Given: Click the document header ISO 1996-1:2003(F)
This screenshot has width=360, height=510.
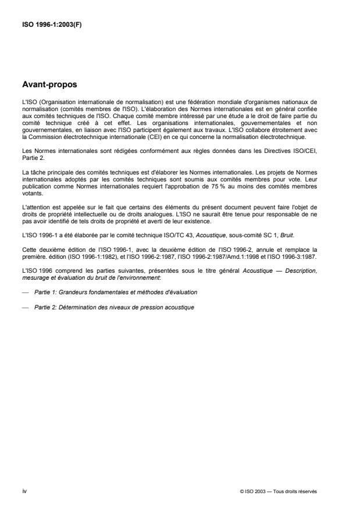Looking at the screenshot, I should tap(51, 24).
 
